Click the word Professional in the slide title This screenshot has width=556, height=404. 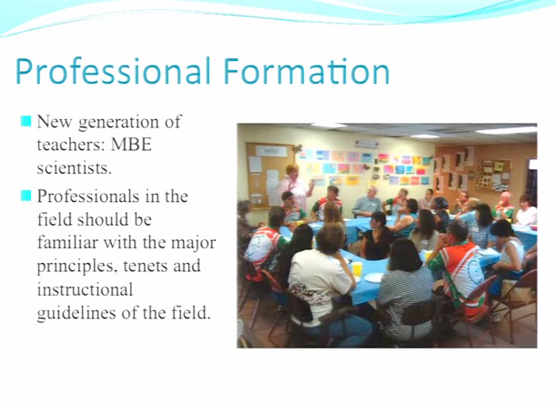(113, 71)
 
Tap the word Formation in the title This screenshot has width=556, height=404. (307, 71)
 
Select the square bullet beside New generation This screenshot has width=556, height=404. (25, 121)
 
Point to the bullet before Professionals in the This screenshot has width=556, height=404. (25, 196)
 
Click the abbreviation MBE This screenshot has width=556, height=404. (131, 145)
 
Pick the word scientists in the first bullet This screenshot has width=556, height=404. (74, 168)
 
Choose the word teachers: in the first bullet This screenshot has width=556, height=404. (71, 145)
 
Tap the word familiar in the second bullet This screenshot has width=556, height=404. (67, 243)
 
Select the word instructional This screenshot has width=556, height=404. (86, 289)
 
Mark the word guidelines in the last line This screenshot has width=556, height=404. (76, 313)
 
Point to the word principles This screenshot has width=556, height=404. (77, 267)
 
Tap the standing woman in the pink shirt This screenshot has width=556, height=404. (296, 186)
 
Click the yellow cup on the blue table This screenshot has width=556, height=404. (357, 268)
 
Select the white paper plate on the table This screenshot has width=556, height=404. (374, 278)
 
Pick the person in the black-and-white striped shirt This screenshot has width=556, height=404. (405, 291)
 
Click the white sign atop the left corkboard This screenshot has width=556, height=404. (271, 151)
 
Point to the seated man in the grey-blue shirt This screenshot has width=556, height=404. (368, 201)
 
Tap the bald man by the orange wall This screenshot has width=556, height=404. (503, 206)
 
